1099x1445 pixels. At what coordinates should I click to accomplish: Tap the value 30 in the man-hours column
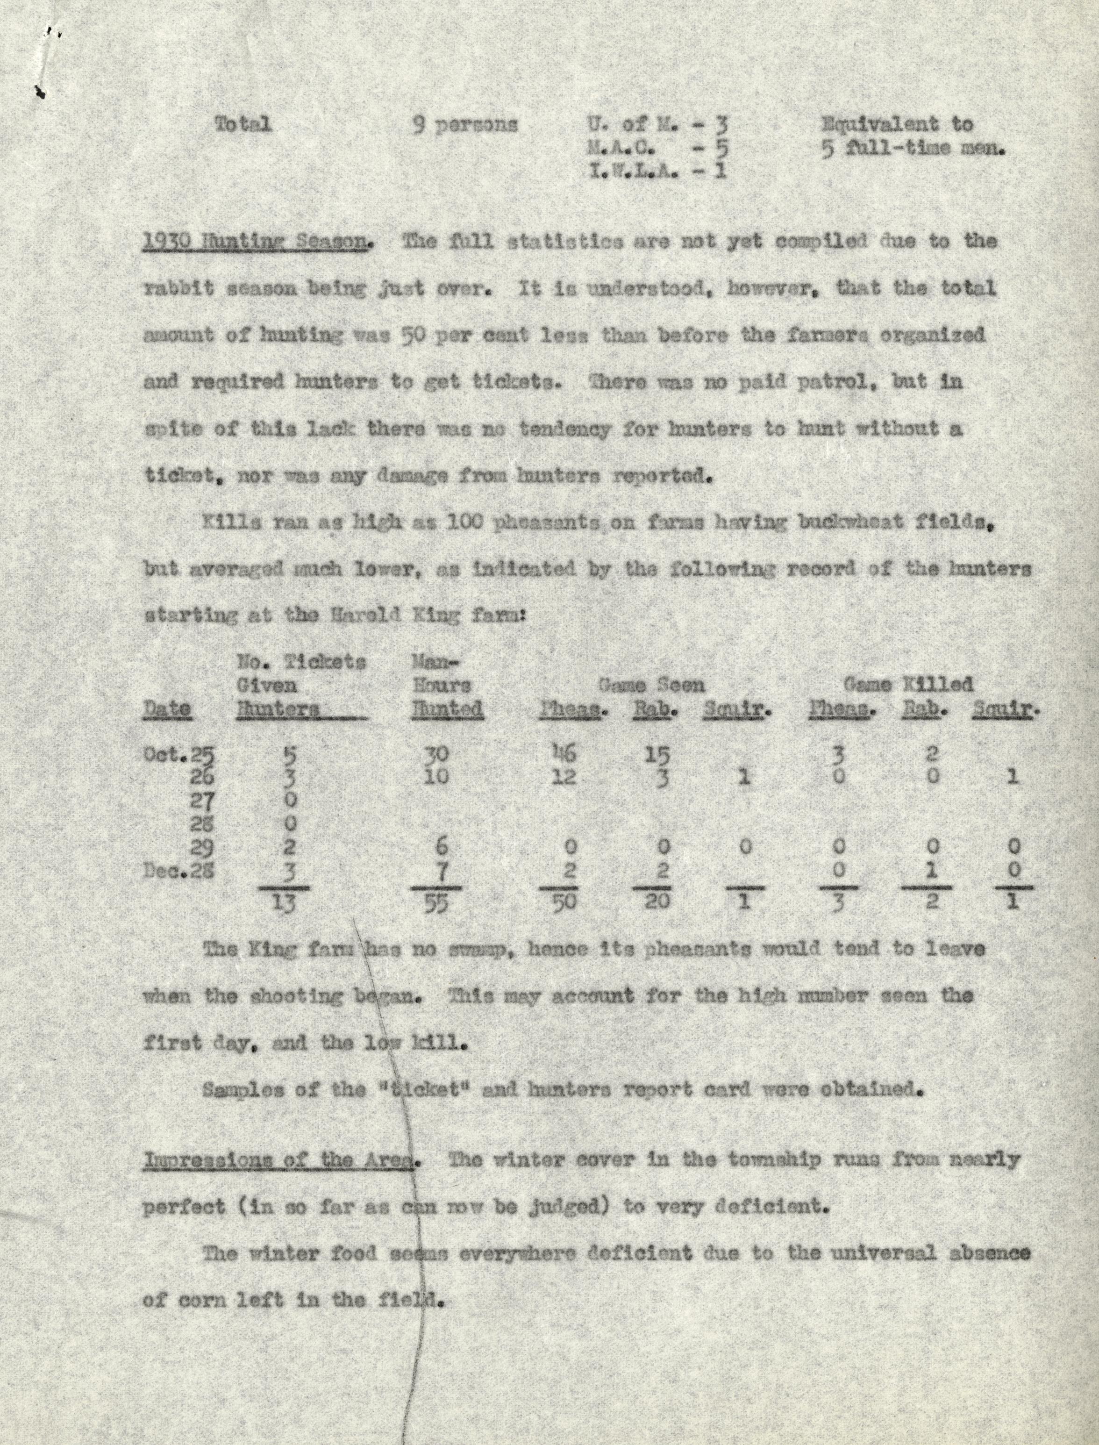click(x=436, y=754)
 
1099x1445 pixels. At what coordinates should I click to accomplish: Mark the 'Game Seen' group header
click(x=651, y=685)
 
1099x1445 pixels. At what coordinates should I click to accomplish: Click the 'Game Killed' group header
click(x=908, y=685)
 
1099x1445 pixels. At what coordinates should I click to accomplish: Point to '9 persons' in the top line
click(x=464, y=124)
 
